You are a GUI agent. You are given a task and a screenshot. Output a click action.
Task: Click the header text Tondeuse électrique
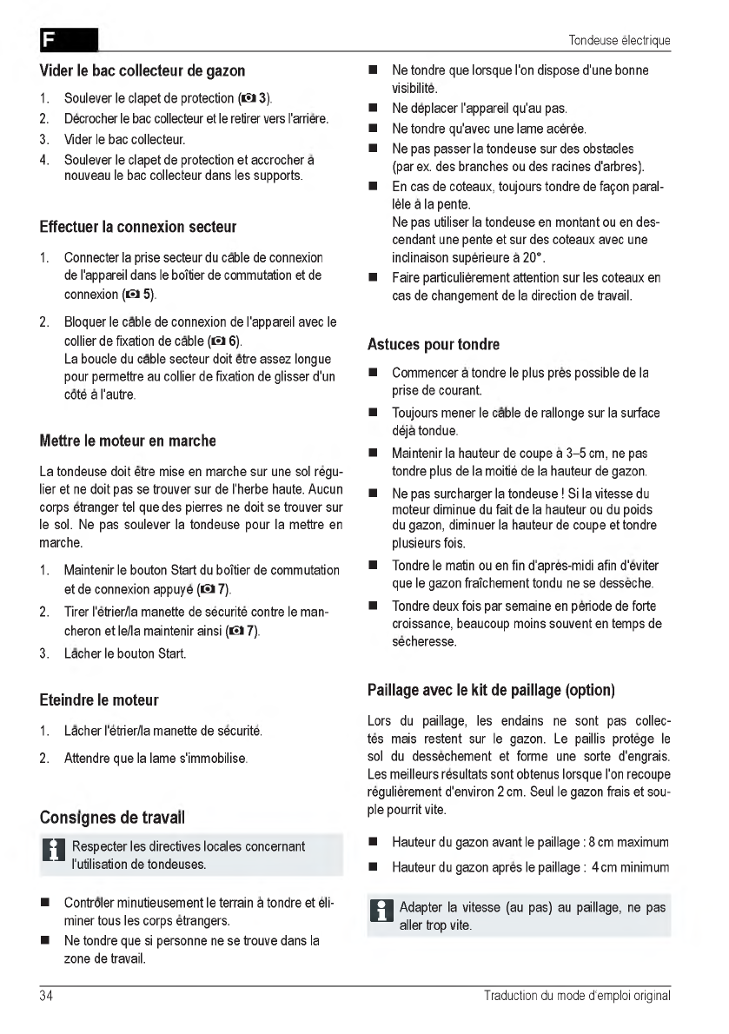pyautogui.click(x=620, y=41)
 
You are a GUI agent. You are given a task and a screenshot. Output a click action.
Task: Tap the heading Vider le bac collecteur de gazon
pyautogui.click(x=142, y=70)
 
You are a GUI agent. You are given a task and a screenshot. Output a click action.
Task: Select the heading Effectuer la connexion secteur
pyautogui.click(x=138, y=228)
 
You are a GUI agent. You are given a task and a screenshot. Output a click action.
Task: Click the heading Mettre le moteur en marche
pyautogui.click(x=128, y=441)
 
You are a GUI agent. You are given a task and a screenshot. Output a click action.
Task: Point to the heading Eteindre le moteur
pyautogui.click(x=99, y=699)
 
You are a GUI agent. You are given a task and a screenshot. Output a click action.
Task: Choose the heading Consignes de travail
pyautogui.click(x=112, y=818)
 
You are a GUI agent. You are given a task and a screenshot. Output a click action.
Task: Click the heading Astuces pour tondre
pyautogui.click(x=434, y=345)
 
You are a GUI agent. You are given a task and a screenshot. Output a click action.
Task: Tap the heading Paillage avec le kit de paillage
pyautogui.click(x=492, y=691)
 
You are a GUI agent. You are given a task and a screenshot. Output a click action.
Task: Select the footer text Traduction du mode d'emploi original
pyautogui.click(x=577, y=996)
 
